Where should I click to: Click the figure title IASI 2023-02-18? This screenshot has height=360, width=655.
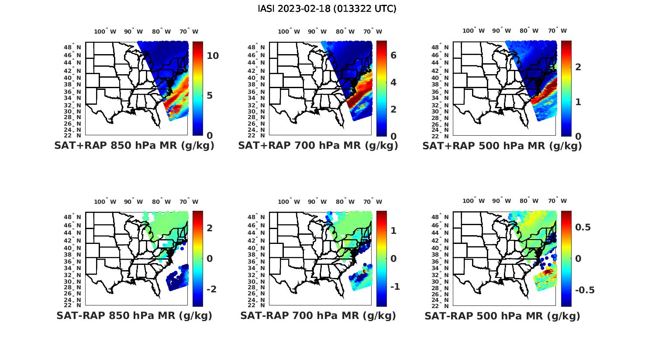[x=327, y=9]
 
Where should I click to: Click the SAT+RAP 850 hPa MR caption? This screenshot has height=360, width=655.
[x=134, y=146]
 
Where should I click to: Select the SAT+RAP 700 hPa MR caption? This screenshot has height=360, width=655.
[x=318, y=146]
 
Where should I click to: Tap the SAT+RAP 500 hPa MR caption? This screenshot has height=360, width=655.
[x=502, y=146]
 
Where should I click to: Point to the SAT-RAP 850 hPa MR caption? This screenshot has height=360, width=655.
[x=134, y=315]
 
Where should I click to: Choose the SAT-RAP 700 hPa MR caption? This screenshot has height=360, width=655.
[x=318, y=315]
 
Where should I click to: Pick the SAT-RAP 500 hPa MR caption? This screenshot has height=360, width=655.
[x=502, y=316]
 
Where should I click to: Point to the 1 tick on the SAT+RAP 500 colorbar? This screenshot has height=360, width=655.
[x=578, y=102]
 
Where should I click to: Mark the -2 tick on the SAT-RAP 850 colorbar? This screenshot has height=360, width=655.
[x=211, y=289]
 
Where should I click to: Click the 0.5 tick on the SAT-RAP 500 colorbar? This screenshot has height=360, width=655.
[x=583, y=227]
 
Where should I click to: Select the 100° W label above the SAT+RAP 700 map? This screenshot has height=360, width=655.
[x=289, y=31]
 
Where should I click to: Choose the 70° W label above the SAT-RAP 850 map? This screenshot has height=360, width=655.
[x=189, y=202]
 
